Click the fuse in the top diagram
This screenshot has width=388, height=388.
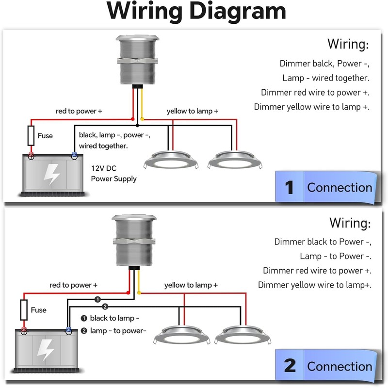click(x=31, y=135)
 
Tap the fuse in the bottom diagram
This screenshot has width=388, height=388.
click(x=23, y=309)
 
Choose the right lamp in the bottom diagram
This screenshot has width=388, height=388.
click(x=241, y=335)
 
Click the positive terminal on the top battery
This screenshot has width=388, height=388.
click(x=31, y=156)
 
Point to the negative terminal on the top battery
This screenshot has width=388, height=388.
click(x=74, y=156)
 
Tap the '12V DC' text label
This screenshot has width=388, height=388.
click(x=104, y=169)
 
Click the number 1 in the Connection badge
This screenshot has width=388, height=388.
click(x=290, y=187)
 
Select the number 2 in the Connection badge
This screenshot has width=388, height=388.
click(x=290, y=366)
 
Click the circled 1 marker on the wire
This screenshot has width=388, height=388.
click(x=97, y=299)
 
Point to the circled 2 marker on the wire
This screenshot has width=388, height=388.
click(x=105, y=307)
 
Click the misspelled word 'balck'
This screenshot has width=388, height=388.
click(x=321, y=64)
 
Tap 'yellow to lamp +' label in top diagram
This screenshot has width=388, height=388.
click(x=192, y=111)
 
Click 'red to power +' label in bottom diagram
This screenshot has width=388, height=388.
click(x=73, y=285)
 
